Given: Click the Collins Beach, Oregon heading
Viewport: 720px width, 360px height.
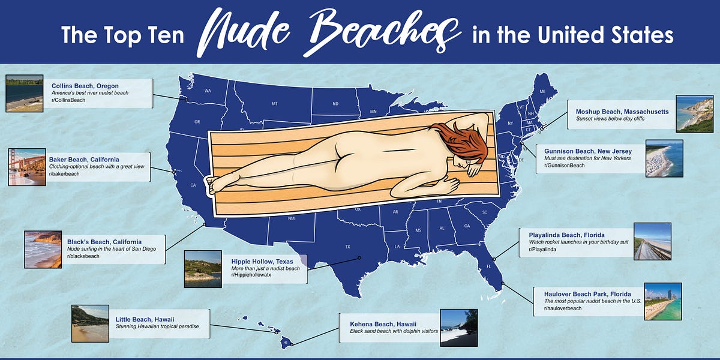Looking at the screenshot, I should tap(85, 86).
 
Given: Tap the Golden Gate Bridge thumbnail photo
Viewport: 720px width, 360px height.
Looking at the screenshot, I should tap(26, 167).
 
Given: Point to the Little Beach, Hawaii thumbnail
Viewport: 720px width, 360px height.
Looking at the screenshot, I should tap(90, 323).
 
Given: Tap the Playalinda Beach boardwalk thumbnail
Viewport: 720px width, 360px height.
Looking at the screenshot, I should tap(652, 241).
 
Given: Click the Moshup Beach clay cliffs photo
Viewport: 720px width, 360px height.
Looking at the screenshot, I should tap(694, 113).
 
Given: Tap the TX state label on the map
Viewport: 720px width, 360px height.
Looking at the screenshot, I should tap(347, 247).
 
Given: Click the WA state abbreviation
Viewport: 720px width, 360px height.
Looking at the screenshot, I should tap(208, 91).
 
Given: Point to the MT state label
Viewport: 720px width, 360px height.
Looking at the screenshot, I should tap(275, 104).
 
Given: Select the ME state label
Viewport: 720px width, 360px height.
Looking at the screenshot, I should tap(542, 91).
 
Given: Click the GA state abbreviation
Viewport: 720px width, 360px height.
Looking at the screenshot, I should tap(467, 226).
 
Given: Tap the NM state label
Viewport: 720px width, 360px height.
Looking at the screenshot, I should tap(292, 218).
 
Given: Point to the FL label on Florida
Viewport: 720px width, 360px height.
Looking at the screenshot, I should tap(488, 266).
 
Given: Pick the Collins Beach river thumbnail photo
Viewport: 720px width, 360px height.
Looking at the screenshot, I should tap(24, 93).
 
